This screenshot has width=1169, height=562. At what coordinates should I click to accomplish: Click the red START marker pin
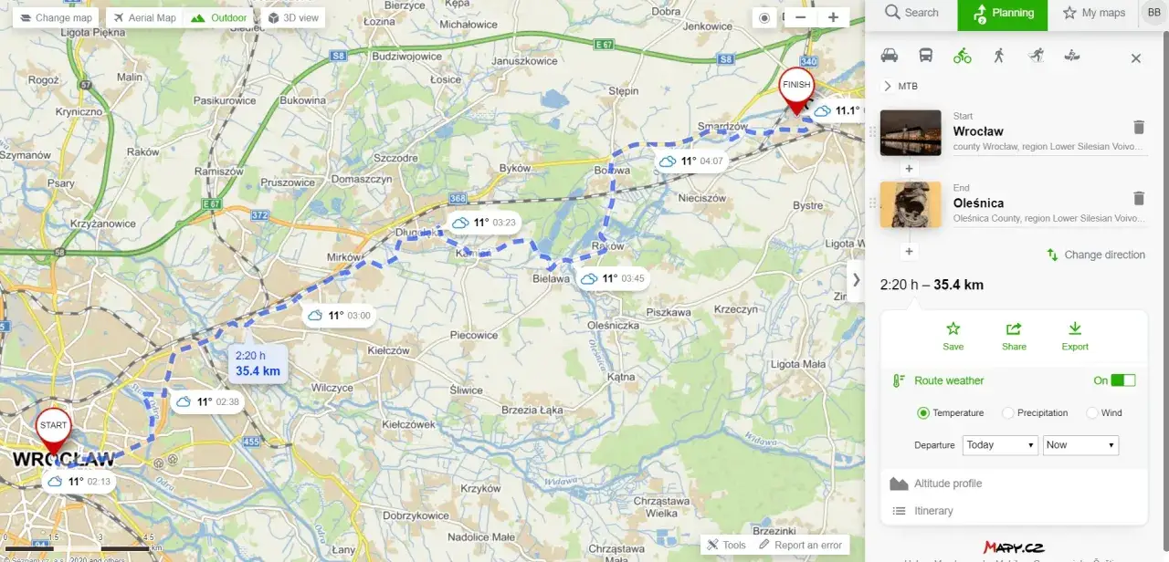(54, 429)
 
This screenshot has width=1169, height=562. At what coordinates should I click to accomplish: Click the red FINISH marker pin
(795, 88)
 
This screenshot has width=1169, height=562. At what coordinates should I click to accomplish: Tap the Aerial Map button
(144, 17)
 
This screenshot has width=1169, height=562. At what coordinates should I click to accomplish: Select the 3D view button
(293, 17)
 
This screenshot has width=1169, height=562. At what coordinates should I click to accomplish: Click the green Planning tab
(1003, 13)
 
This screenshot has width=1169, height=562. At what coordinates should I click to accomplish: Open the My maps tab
(1094, 13)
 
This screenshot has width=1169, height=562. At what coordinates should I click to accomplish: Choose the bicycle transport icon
(962, 57)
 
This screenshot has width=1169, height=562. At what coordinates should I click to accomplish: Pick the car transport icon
(890, 57)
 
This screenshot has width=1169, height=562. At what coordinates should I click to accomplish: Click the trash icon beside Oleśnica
(1139, 198)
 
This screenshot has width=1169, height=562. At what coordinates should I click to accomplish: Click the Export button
(1075, 335)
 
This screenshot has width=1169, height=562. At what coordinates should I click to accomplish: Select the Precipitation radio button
(1008, 413)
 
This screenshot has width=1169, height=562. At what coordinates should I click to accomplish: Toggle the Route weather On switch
(1123, 380)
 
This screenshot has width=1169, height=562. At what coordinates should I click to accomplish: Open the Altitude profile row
(948, 484)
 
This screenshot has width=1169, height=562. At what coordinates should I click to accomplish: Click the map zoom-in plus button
(833, 17)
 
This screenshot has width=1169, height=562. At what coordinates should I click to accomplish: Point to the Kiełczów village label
(388, 350)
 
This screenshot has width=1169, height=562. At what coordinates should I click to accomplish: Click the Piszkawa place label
(668, 312)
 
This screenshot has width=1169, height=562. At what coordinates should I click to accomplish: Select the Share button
(1014, 335)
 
